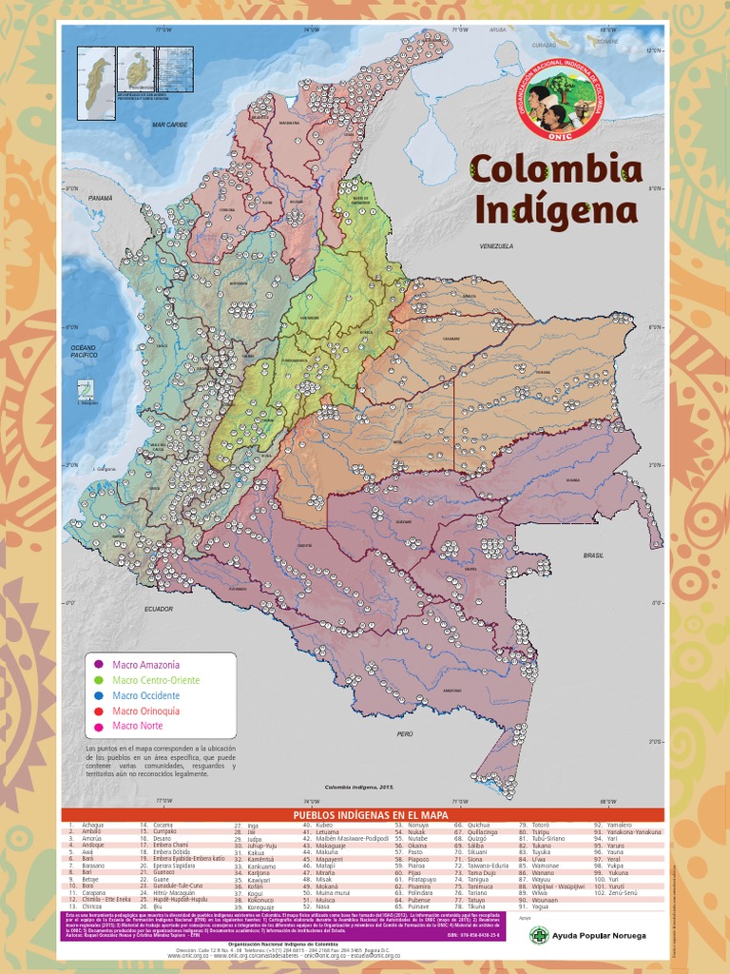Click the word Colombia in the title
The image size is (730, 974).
tap(555, 169)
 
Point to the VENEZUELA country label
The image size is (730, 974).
tap(497, 245)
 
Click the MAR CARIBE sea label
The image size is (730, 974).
tap(170, 125)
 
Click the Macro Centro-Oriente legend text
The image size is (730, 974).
tap(156, 680)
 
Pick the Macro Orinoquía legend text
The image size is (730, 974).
tap(145, 711)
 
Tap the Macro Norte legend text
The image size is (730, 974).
tap(138, 726)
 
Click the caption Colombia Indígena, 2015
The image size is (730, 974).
tap(359, 788)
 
